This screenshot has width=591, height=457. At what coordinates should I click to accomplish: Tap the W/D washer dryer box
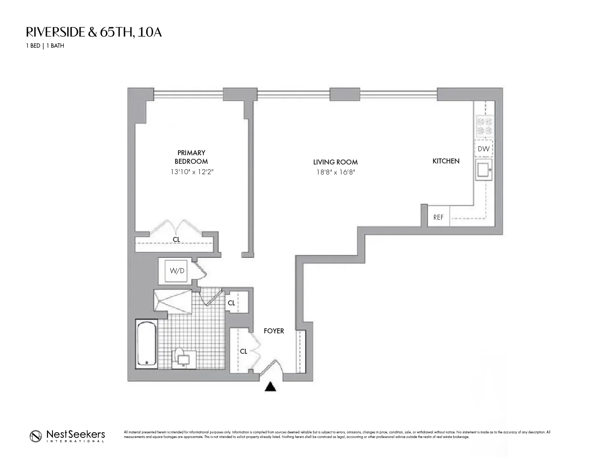177,271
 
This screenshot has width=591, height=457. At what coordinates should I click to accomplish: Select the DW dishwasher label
484,149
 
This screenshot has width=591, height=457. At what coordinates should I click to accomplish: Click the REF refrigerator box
438,217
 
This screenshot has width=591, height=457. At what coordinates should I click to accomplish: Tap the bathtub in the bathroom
146,344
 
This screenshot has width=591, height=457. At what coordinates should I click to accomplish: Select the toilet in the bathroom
184,358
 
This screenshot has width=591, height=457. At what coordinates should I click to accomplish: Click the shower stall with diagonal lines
172,300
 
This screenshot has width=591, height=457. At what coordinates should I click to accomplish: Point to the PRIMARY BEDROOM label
191,157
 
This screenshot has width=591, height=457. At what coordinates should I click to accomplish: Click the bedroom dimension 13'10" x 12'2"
192,172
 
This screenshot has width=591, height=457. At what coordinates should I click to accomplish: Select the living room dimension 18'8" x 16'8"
335,172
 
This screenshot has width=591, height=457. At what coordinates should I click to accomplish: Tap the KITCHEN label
446,161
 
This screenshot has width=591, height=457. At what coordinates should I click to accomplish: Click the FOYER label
274,331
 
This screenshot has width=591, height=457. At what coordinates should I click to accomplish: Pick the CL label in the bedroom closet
176,239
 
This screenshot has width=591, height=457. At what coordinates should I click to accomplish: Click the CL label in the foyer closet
244,352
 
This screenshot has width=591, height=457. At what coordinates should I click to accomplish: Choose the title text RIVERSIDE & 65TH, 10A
94,32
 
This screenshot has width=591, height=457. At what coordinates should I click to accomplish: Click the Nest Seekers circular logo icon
36,435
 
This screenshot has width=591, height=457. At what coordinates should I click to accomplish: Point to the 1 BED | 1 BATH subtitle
45,46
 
